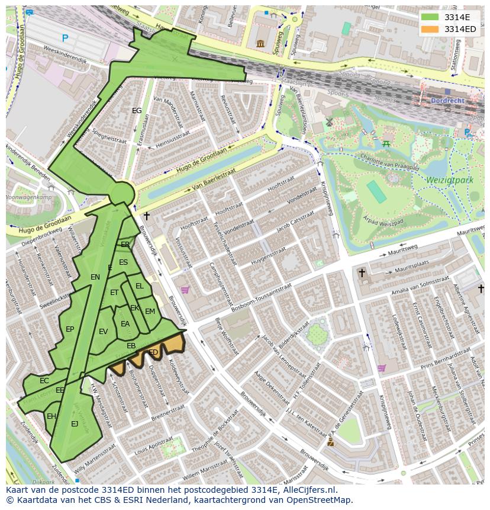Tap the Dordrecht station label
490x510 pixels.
tap(465, 101)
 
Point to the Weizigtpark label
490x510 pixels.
tap(449, 178)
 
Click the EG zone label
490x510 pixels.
tap(137, 111)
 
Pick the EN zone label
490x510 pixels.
tap(95, 277)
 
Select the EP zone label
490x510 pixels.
tap(70, 329)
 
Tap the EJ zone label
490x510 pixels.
tap(75, 424)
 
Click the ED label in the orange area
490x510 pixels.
tap(153, 352)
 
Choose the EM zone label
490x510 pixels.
tap(150, 312)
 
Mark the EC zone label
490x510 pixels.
tap(44, 381)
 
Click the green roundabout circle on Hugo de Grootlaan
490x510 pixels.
tap(122, 193)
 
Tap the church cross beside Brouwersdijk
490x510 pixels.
tap(146, 216)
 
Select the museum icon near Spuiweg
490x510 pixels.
tap(260, 43)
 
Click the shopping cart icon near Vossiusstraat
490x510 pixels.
tap(185, 290)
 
